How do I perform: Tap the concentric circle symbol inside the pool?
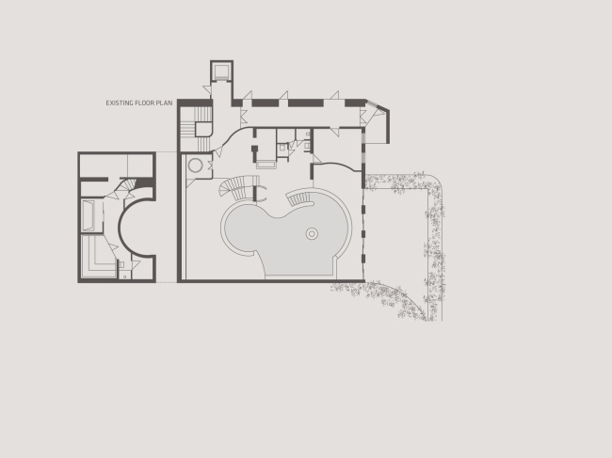(312, 234)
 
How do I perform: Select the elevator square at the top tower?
(221, 71)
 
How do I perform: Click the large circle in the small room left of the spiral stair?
(195, 166)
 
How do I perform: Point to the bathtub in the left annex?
(89, 215)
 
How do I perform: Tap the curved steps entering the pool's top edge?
(299, 198)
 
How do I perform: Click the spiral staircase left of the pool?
(238, 186)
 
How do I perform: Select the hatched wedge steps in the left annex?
(128, 185)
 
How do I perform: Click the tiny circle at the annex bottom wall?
(125, 276)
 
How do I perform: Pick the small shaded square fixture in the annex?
(121, 264)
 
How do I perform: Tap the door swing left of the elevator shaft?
(207, 89)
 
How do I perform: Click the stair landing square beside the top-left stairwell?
(203, 130)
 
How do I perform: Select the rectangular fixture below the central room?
(266, 164)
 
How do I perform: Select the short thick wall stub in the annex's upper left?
(93, 180)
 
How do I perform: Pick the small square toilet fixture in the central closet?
(282, 148)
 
